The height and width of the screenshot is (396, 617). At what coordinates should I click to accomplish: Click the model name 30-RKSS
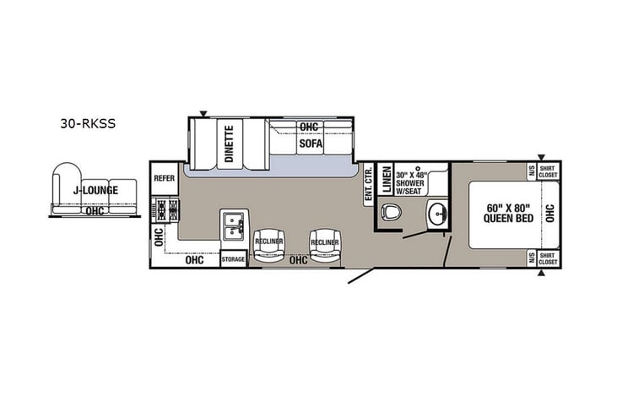coord(87,122)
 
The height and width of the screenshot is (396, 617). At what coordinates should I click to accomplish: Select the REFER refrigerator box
coord(163,178)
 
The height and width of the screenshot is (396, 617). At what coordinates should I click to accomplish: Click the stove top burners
coord(164,209)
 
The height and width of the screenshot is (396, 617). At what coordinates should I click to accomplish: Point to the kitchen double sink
coord(233,224)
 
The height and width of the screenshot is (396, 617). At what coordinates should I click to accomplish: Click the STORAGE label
coord(233,259)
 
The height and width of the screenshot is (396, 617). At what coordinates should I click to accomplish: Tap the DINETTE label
coord(229,143)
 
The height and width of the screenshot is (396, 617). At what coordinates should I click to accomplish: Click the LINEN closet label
coord(384,181)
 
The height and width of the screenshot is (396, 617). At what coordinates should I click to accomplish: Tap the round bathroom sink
coord(436,213)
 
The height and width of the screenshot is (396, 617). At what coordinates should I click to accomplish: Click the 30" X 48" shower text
coord(412,179)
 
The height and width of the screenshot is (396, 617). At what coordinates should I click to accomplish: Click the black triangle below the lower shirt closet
coord(540,274)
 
